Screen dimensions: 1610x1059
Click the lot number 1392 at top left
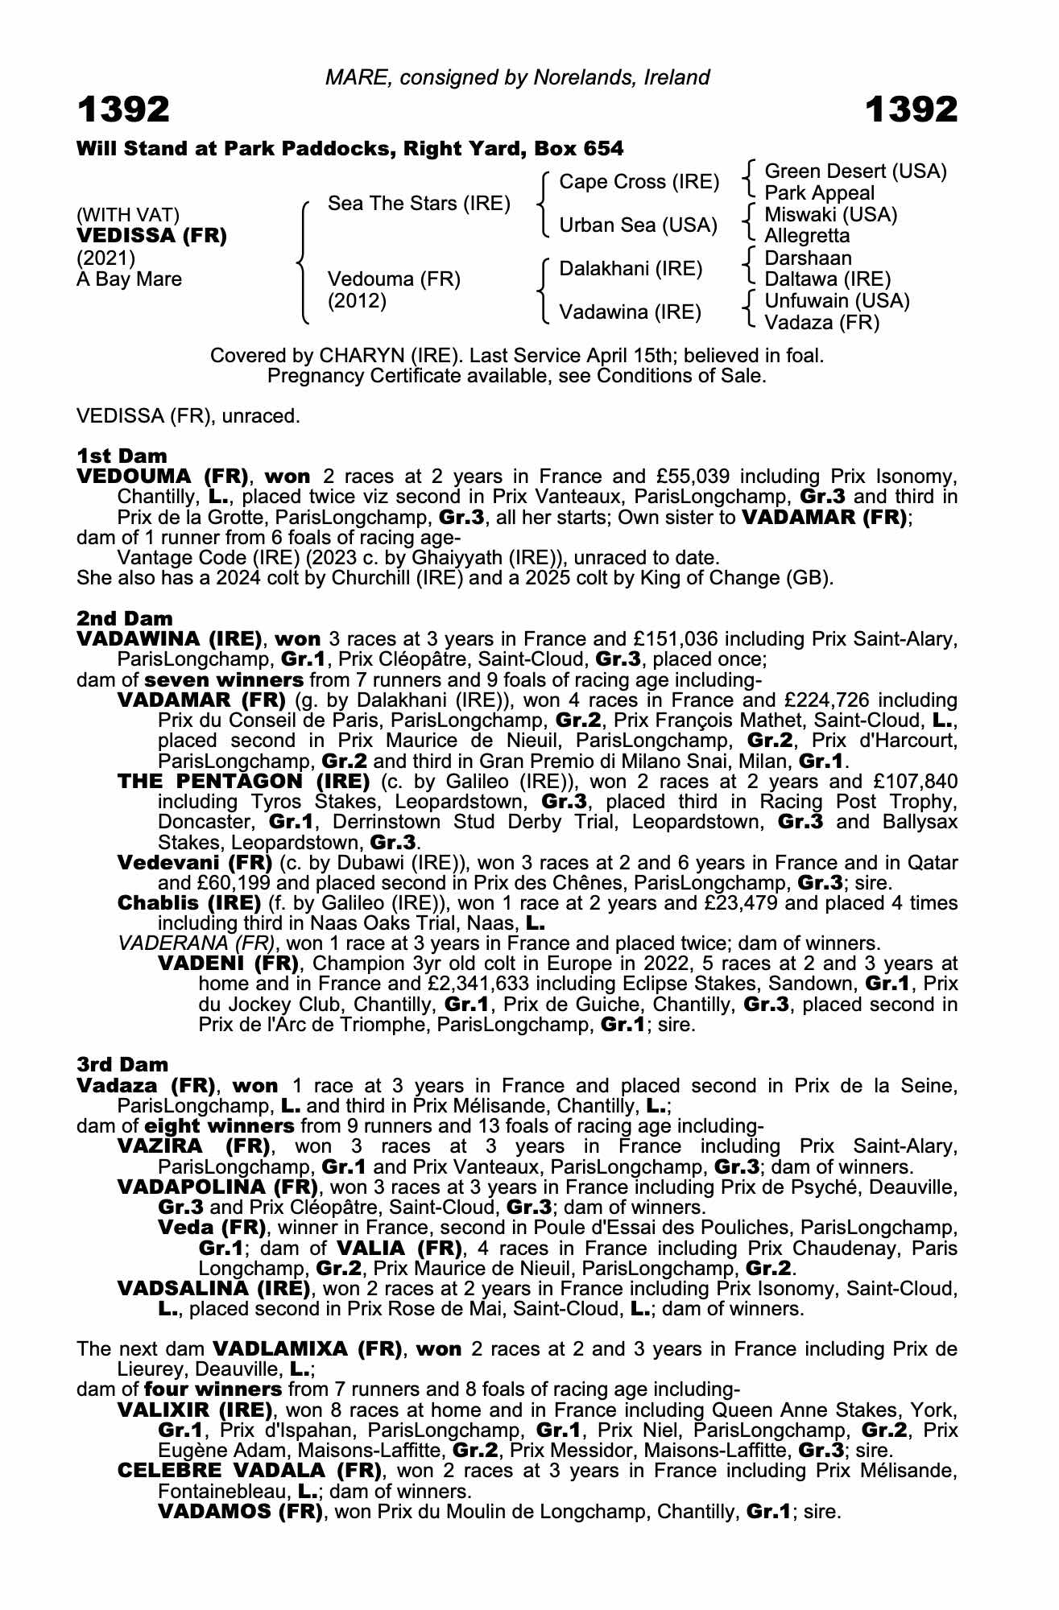click(x=123, y=109)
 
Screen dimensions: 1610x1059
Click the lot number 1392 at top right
click(x=912, y=109)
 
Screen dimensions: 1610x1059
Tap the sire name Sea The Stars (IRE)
click(x=419, y=204)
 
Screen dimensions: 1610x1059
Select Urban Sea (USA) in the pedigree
click(x=638, y=225)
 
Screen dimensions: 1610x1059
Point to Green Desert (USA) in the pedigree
click(x=855, y=171)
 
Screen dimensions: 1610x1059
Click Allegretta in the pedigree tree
click(x=807, y=236)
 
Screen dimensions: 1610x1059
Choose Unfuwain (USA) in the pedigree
click(x=837, y=301)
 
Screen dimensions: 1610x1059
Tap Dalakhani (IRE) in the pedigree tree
click(x=631, y=269)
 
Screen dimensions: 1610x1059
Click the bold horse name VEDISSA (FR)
click(x=151, y=236)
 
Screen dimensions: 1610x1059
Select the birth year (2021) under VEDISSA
click(x=106, y=258)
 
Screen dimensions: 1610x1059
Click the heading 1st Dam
click(x=122, y=456)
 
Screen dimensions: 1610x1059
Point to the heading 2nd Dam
click(x=125, y=618)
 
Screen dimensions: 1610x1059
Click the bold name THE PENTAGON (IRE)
click(x=243, y=781)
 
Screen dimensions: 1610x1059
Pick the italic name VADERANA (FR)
click(x=196, y=943)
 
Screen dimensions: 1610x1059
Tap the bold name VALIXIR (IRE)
click(x=195, y=1410)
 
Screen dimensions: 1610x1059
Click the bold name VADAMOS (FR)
click(x=240, y=1511)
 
